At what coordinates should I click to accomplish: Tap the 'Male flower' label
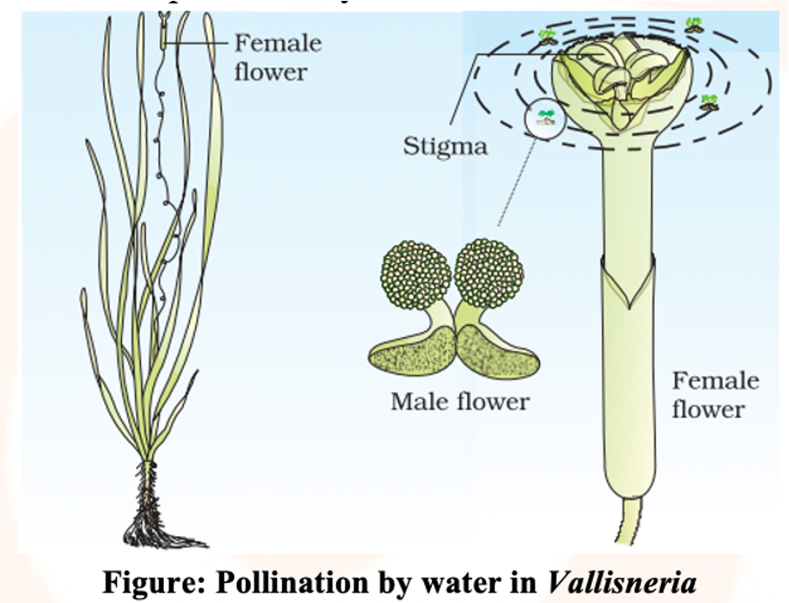point(459,402)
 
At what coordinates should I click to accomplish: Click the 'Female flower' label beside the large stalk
point(715,395)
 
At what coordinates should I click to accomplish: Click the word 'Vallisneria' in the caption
point(622,582)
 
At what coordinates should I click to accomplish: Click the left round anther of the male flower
point(415,274)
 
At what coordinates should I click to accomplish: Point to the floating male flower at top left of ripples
point(548,37)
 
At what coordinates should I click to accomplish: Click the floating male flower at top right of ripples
point(693,24)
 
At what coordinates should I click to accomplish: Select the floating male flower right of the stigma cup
point(710,101)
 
